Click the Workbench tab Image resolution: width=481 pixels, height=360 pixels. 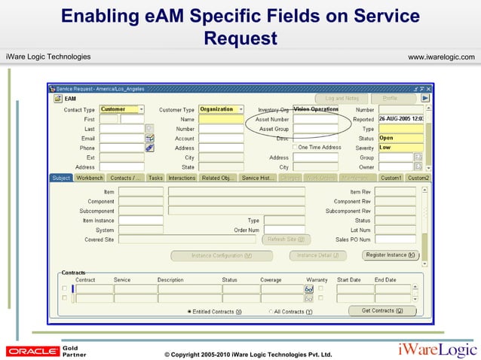pyautogui.click(x=90, y=178)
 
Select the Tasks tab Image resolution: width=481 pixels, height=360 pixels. pyautogui.click(x=155, y=178)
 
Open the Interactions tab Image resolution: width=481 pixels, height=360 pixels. pyautogui.click(x=182, y=178)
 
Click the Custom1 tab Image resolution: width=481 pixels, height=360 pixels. pyautogui.click(x=391, y=178)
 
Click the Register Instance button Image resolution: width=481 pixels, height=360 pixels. pyautogui.click(x=391, y=255)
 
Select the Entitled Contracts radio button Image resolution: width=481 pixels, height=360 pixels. pyautogui.click(x=189, y=311)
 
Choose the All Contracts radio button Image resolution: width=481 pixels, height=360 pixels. pyautogui.click(x=271, y=311)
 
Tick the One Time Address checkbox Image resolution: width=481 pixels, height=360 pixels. pyautogui.click(x=296, y=148)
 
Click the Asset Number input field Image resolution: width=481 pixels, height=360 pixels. pyautogui.click(x=315, y=119)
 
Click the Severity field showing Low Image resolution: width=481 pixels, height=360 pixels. pyautogui.click(x=400, y=148)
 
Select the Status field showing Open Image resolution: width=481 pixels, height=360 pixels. pyautogui.click(x=400, y=138)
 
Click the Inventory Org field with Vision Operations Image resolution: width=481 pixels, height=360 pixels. pyautogui.click(x=315, y=109)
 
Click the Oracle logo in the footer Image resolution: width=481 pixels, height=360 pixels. pyautogui.click(x=32, y=351)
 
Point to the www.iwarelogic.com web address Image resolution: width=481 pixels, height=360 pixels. pyautogui.click(x=440, y=57)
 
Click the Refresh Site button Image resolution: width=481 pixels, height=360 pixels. pyautogui.click(x=286, y=239)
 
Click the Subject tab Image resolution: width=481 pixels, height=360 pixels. pyautogui.click(x=61, y=178)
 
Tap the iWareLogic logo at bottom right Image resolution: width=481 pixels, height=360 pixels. pyautogui.click(x=437, y=349)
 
